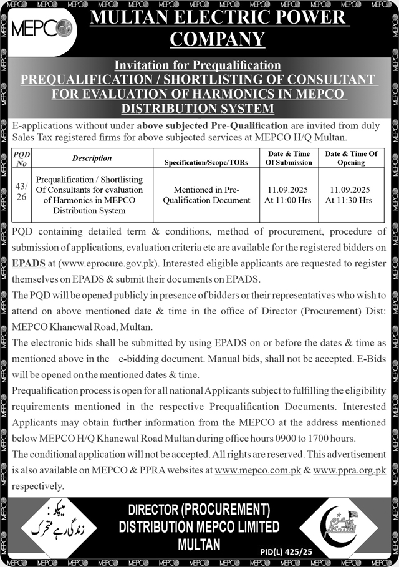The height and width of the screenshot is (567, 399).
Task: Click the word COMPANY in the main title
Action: [217, 39]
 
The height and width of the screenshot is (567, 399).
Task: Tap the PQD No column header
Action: [22, 158]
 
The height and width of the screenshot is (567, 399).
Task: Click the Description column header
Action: [92, 158]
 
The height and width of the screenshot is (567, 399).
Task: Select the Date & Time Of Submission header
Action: [289, 158]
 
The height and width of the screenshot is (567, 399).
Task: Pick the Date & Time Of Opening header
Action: [351, 158]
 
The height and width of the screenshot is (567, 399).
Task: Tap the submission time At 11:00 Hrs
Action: [288, 200]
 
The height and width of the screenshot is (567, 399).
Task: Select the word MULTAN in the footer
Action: [199, 544]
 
